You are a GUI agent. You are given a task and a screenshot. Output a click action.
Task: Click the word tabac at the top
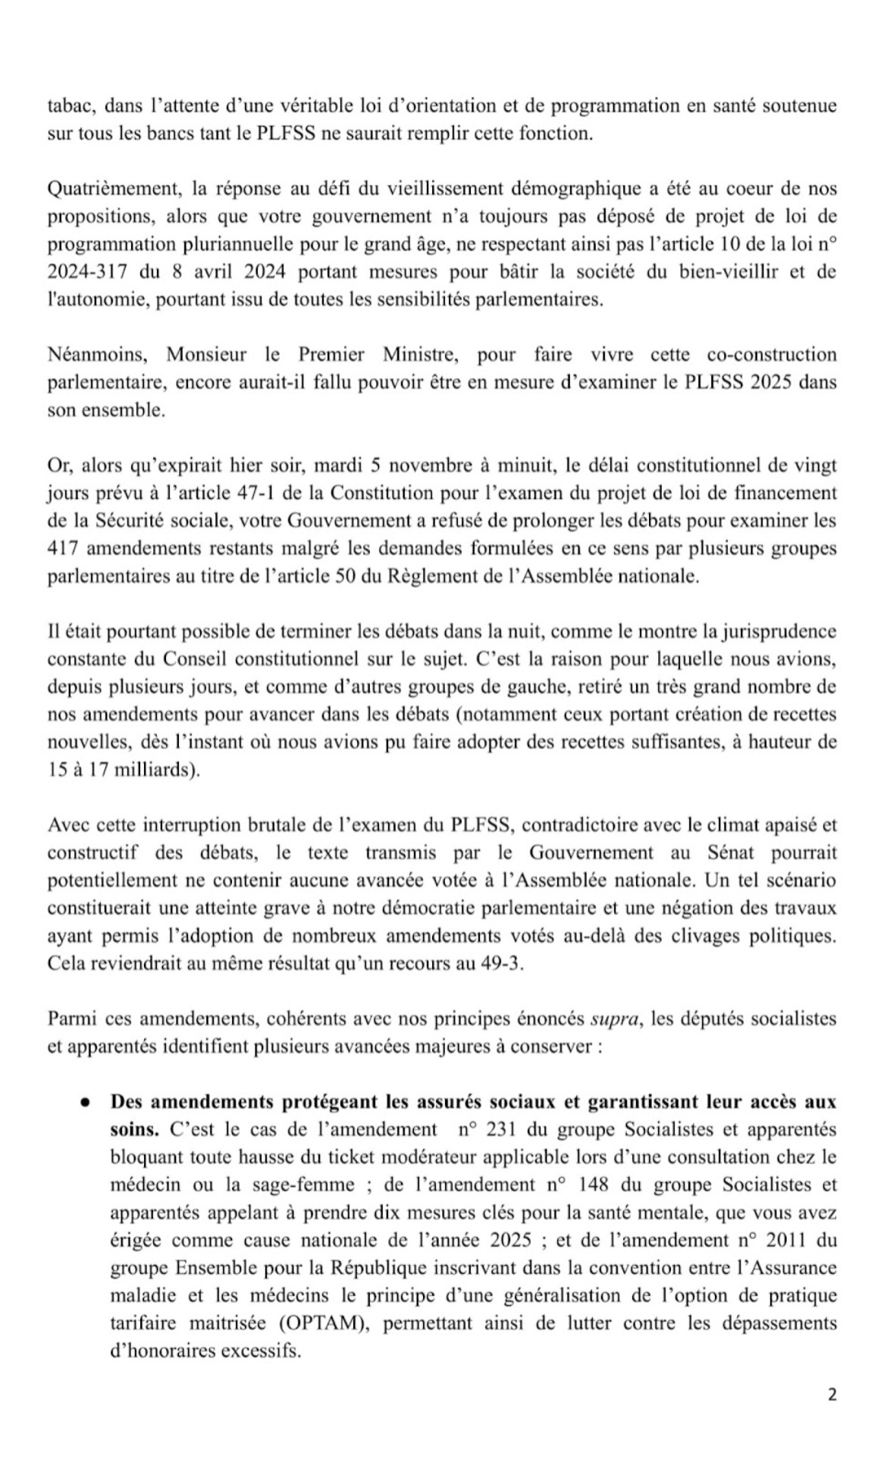click(68, 105)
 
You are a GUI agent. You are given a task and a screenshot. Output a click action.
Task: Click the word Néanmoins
click(98, 354)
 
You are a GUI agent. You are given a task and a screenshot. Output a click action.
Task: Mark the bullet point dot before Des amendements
click(88, 1102)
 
